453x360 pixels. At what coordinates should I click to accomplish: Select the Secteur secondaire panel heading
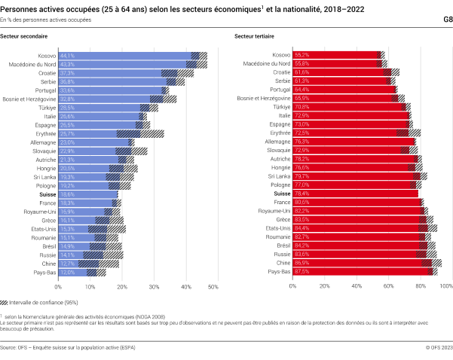(20, 36)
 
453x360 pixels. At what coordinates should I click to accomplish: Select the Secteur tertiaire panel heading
(253, 36)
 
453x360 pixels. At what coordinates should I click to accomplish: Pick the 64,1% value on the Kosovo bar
(67, 55)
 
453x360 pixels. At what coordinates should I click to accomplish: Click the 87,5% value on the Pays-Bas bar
(302, 272)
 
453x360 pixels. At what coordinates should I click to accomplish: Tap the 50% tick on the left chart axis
(213, 287)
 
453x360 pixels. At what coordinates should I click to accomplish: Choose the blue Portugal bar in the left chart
(121, 90)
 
